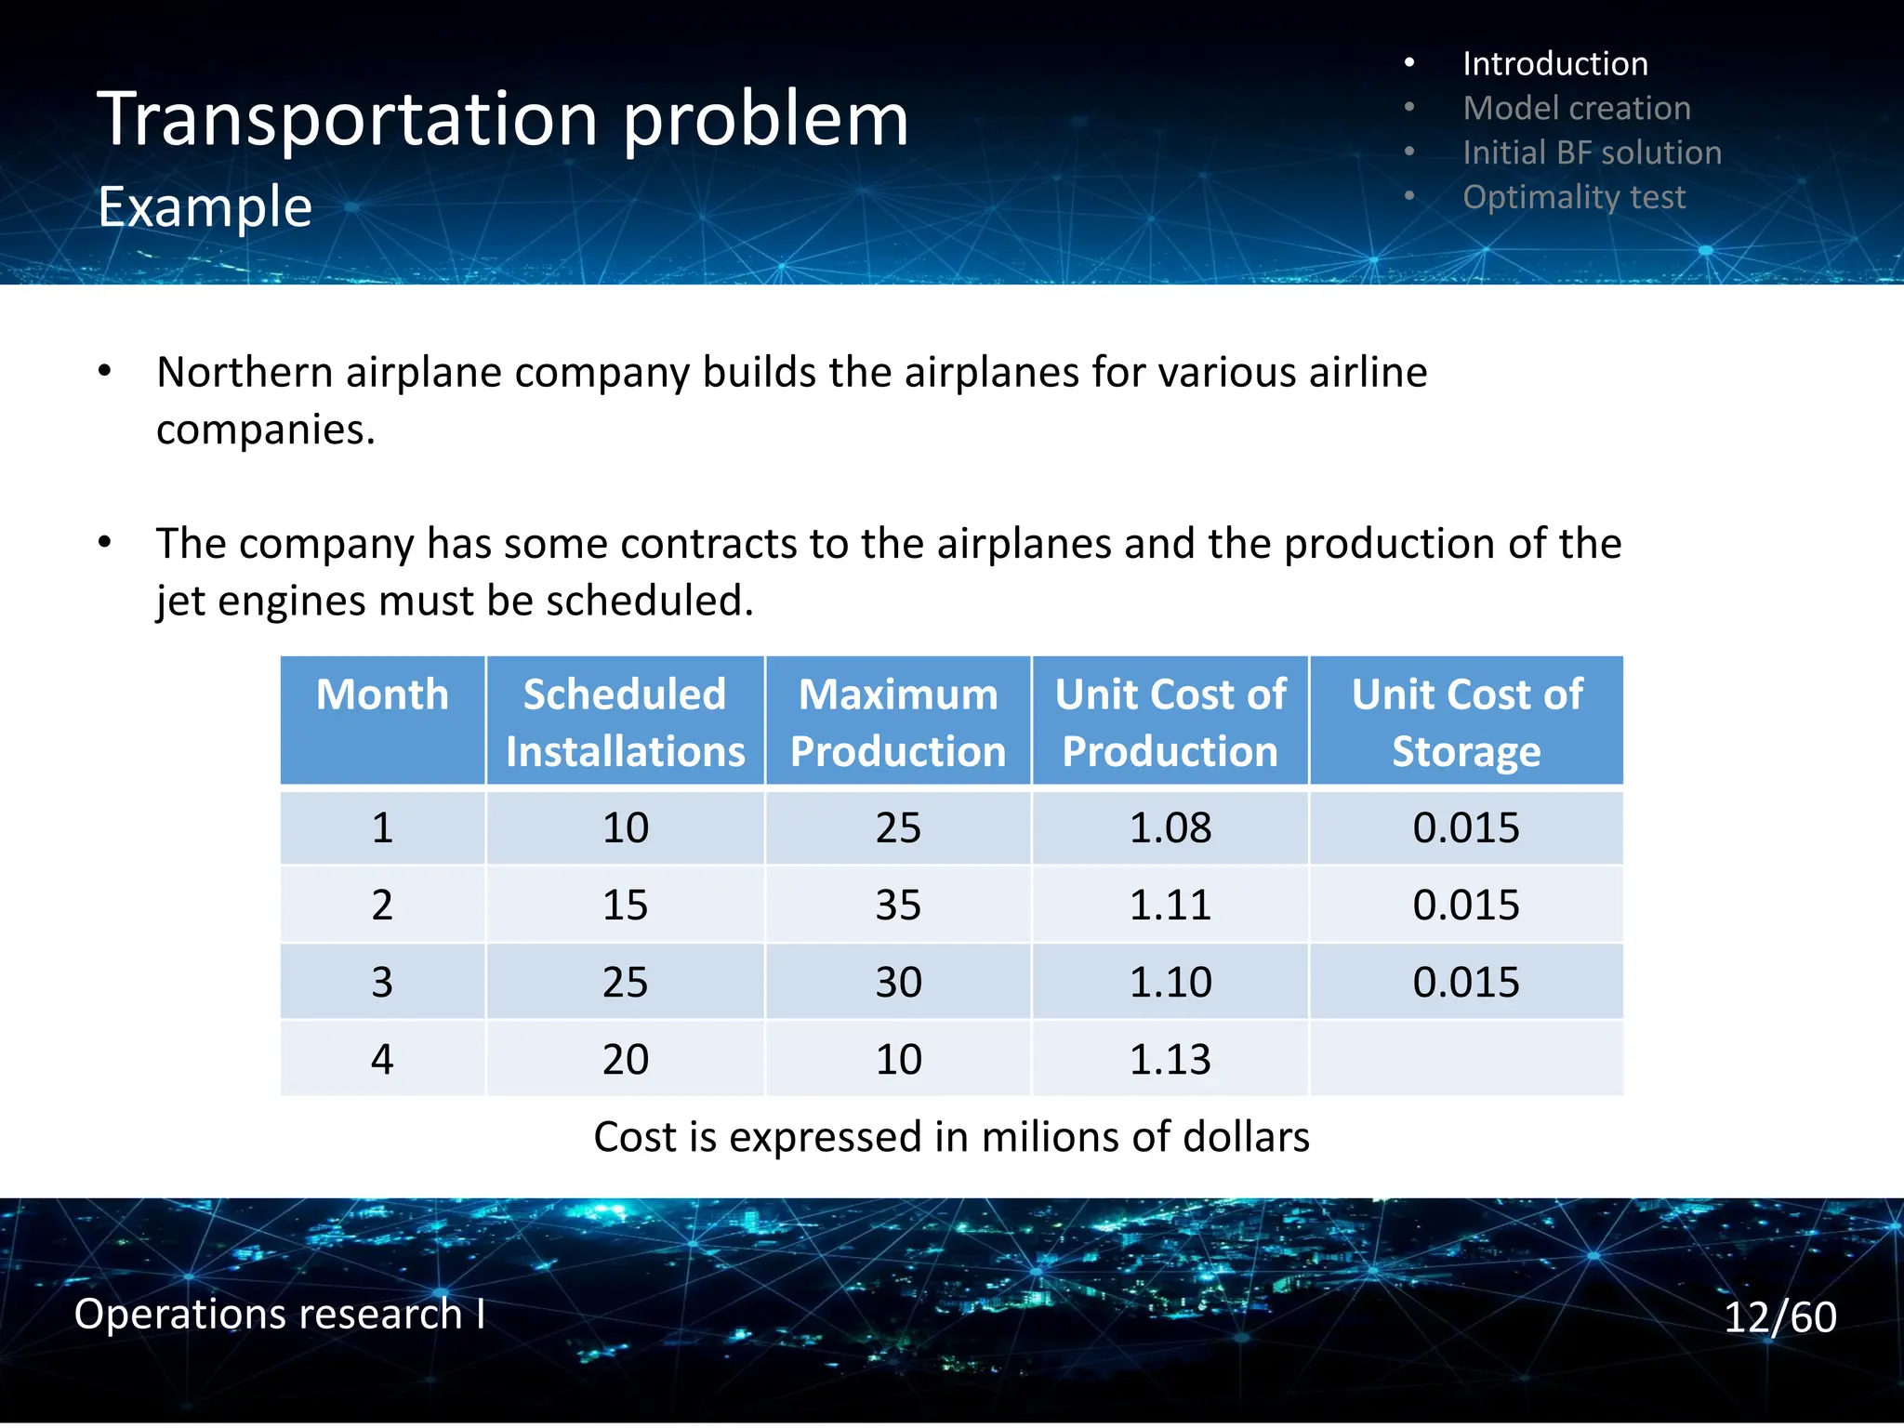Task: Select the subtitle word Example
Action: (205, 206)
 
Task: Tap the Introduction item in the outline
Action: (1554, 63)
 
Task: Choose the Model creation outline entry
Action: (1576, 108)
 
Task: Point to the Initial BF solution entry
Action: (1591, 152)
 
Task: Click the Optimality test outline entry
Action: (1573, 197)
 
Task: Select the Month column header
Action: (382, 695)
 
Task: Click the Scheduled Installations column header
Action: (625, 722)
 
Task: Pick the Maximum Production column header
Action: (897, 722)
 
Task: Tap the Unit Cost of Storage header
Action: (1466, 722)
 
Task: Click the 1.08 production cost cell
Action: (1170, 827)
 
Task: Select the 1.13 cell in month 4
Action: (1170, 1059)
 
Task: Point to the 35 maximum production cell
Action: (897, 905)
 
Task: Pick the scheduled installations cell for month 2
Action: (625, 905)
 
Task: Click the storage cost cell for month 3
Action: (1466, 982)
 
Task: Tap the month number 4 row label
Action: (382, 1059)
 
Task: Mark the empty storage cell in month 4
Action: (1466, 1059)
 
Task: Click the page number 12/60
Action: (1779, 1316)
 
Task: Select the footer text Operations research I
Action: (279, 1314)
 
